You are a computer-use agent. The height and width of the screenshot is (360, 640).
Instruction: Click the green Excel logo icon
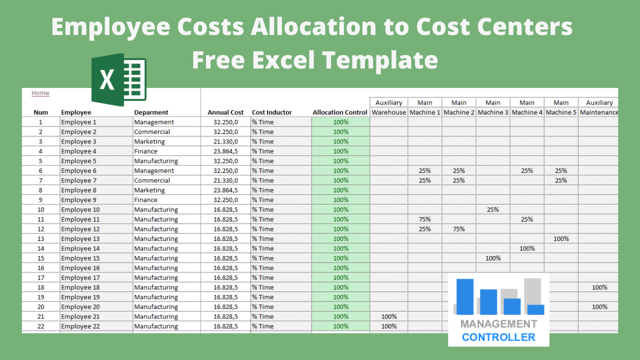(118, 80)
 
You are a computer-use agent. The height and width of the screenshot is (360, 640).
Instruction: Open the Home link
(40, 93)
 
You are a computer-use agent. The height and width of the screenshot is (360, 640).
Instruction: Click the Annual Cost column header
(225, 112)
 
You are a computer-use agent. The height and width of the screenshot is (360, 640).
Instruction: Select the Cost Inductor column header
(271, 112)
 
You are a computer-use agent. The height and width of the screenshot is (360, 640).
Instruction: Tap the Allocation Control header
(340, 112)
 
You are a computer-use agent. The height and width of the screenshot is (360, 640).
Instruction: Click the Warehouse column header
(388, 112)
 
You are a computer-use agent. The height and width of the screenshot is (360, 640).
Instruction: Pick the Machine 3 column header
(493, 112)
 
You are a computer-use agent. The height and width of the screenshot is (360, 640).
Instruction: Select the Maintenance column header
(599, 112)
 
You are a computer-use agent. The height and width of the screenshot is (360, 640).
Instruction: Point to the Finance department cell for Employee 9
(145, 199)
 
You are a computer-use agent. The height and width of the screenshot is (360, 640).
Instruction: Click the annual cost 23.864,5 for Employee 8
(225, 190)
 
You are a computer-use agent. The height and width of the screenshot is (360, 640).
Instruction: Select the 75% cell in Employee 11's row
(424, 219)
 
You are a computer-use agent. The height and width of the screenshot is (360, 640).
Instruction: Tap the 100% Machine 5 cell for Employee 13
(561, 238)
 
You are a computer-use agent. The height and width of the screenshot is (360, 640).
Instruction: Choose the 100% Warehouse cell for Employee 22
(388, 326)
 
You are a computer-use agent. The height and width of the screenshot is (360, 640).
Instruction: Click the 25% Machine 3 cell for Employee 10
(493, 209)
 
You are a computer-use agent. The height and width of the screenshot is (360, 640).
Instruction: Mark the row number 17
(41, 277)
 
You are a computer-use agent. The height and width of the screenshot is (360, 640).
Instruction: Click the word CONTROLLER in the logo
(498, 337)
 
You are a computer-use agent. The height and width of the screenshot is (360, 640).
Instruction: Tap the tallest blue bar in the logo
(465, 296)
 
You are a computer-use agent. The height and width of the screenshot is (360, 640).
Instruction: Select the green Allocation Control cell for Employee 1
(340, 122)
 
